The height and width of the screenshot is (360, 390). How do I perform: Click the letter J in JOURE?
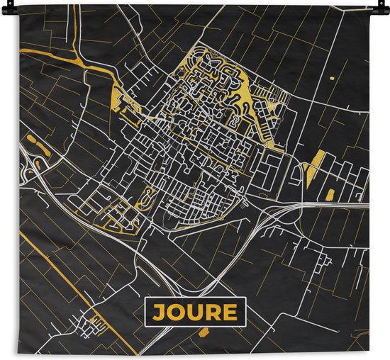[157, 312]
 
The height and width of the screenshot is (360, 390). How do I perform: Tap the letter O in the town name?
[175, 312]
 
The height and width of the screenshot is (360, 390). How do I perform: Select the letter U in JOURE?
[194, 312]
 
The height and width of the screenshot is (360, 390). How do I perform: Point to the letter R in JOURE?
[213, 312]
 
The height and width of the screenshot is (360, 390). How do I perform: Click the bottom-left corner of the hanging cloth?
[20, 355]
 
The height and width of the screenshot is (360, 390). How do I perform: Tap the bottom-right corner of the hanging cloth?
[369, 355]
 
